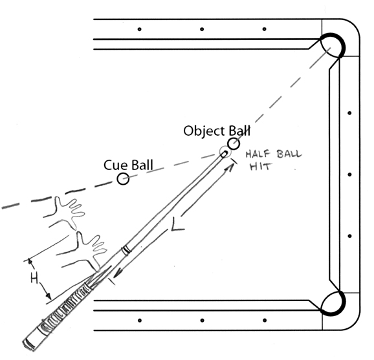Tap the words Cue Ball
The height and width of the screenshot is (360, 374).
pyautogui.click(x=128, y=165)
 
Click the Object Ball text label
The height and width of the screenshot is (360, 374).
pyautogui.click(x=217, y=131)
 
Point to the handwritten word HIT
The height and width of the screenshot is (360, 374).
pyautogui.click(x=260, y=167)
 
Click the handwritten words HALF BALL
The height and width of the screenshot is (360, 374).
pyautogui.click(x=274, y=154)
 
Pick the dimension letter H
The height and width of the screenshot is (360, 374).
pyautogui.click(x=34, y=279)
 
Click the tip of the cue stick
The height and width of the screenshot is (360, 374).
pyautogui.click(x=225, y=153)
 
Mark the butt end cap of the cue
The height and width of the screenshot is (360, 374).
pyautogui.click(x=30, y=343)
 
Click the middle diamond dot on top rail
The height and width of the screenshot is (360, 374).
pyautogui.click(x=202, y=29)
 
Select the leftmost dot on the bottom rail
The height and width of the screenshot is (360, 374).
pyautogui.click(x=140, y=321)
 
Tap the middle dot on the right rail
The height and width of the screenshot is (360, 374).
pyautogui.click(x=349, y=175)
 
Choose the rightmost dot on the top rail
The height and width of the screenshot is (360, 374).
pyautogui.click(x=264, y=29)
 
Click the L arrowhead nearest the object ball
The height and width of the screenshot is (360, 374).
pyautogui.click(x=230, y=167)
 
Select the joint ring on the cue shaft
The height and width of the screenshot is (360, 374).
pyautogui.click(x=126, y=251)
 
